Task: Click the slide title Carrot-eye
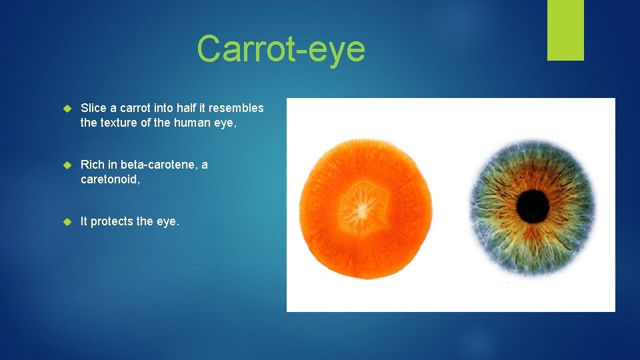click(281, 49)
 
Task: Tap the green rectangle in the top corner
click(565, 30)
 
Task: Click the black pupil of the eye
click(533, 206)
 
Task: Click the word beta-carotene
click(159, 165)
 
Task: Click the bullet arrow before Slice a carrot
click(66, 108)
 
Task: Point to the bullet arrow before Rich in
click(66, 165)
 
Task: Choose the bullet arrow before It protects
click(66, 221)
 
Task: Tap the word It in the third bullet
click(84, 221)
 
